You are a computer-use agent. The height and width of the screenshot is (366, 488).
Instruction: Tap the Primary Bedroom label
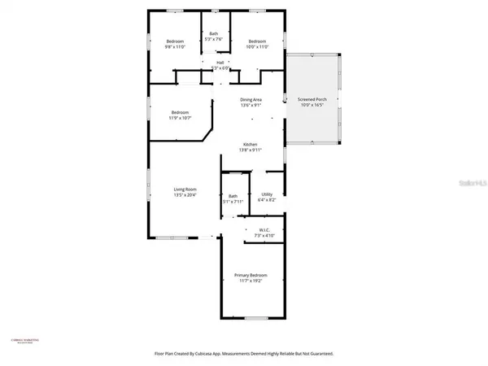click(251, 275)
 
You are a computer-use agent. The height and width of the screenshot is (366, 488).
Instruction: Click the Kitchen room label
click(250, 144)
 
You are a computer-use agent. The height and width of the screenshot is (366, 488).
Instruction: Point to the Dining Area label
click(251, 99)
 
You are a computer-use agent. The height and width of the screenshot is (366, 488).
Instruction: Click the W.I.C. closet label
click(264, 230)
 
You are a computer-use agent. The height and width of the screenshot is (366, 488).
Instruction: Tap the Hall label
click(220, 62)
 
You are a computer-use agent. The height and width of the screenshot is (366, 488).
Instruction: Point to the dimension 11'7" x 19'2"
click(251, 281)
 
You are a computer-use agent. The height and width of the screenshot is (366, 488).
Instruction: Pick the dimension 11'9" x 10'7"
click(180, 117)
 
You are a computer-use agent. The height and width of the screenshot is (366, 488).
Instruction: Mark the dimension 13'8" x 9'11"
click(250, 150)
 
